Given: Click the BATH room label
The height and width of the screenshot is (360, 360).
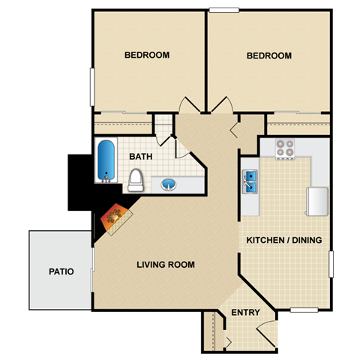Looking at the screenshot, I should (142, 157).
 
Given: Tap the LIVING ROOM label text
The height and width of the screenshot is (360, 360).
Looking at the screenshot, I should (166, 265).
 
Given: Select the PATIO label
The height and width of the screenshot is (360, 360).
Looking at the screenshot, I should (61, 271).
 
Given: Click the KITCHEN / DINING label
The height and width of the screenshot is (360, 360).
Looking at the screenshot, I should (284, 241).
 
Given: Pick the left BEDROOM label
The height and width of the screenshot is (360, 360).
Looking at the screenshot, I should (146, 55).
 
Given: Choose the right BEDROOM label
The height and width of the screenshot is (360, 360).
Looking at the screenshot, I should (268, 56).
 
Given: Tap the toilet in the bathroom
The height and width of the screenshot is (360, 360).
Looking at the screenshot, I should (136, 180).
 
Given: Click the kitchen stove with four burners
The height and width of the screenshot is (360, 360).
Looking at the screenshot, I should (284, 148).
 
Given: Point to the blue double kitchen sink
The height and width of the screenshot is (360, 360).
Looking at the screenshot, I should (250, 181).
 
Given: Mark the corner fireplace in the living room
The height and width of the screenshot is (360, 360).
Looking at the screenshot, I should (114, 219).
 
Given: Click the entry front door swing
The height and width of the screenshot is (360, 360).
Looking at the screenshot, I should (264, 331).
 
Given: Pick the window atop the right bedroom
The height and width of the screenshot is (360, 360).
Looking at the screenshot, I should (223, 10).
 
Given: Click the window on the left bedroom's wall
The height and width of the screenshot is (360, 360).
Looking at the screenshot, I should (92, 86).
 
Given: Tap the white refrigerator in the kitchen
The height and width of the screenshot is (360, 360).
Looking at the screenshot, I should (316, 201).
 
